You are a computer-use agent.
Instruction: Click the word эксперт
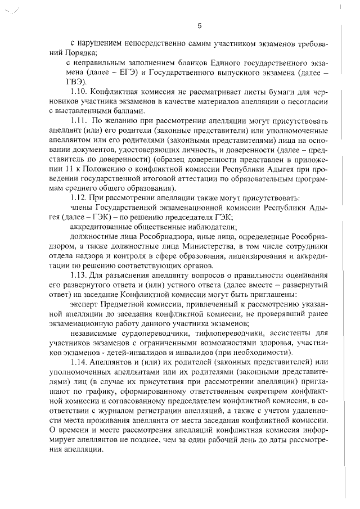(x=83, y=303)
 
